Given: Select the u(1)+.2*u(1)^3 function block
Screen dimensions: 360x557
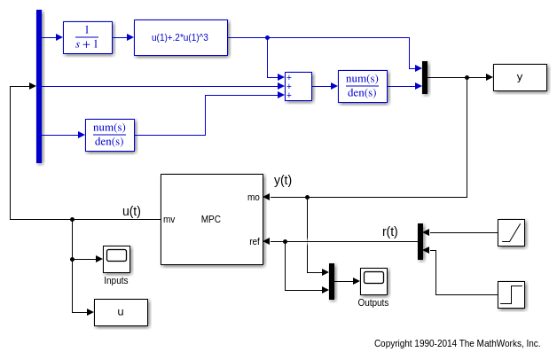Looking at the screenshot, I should [181, 37].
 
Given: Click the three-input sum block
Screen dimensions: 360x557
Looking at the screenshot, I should [298, 86].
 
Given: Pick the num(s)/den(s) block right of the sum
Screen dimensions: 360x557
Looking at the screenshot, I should [362, 86].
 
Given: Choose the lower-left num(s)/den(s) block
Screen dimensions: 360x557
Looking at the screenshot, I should [109, 135].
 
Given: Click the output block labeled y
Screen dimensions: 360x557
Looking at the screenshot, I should [520, 77].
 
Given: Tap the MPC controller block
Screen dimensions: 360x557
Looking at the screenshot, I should [211, 219].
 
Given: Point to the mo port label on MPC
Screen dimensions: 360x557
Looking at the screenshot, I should [254, 197].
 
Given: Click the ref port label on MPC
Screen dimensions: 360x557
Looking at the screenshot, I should [255, 241].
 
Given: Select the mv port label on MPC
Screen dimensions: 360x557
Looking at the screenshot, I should [169, 219].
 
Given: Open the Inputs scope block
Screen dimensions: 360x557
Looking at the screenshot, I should [116, 259].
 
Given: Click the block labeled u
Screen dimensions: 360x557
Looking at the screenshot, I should [121, 312].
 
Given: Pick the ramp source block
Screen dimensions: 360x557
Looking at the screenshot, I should [511, 232].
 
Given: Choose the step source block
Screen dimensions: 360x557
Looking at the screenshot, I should [511, 294].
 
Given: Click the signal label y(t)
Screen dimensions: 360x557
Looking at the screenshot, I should [283, 180].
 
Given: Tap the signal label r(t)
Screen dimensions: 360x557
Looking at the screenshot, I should [390, 231].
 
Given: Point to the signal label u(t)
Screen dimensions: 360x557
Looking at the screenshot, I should [131, 210].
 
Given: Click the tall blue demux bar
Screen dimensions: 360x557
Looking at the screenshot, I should [39, 86].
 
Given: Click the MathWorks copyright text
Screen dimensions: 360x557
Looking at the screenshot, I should [457, 343].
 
